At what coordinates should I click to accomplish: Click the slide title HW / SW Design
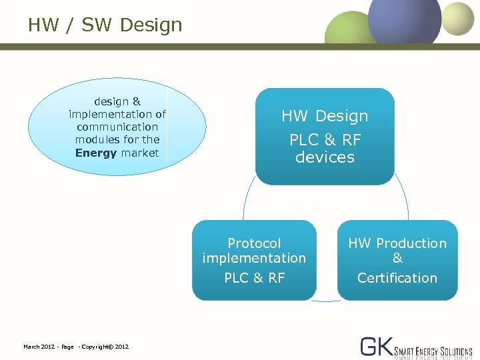[105, 25]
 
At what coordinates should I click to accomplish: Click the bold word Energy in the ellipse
[96, 153]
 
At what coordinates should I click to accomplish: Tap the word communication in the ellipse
[117, 127]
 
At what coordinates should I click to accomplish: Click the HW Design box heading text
[325, 116]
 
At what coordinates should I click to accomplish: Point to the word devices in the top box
[325, 157]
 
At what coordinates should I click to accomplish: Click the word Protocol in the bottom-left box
[254, 243]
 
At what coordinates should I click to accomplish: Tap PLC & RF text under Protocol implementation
[254, 278]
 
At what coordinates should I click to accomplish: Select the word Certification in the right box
[397, 278]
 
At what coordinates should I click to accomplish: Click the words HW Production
[397, 243]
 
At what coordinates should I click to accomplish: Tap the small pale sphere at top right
[458, 18]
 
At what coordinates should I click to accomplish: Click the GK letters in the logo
[377, 346]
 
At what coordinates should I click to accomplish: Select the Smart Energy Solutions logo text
[433, 351]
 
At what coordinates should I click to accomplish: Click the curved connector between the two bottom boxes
[326, 301]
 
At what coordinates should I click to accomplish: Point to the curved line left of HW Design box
[245, 200]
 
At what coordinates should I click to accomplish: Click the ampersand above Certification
[397, 259]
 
